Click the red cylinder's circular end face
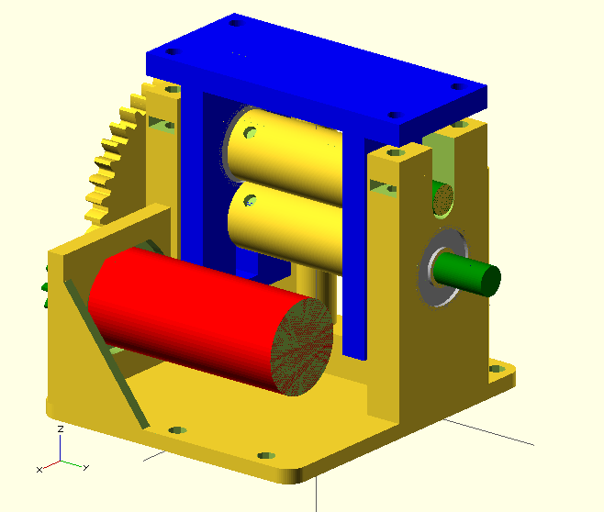[x=302, y=347]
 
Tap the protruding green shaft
[x=467, y=273]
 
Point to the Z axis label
[x=60, y=429]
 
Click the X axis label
[x=39, y=470]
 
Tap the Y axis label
[x=86, y=467]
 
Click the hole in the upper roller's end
[x=250, y=132]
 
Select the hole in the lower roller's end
[x=251, y=200]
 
